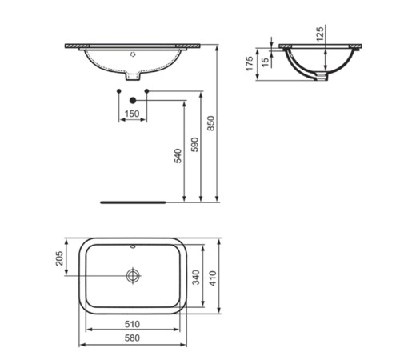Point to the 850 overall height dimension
(x=211, y=121)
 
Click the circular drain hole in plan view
(x=133, y=275)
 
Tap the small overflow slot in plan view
(x=133, y=246)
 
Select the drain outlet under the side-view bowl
(x=322, y=78)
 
